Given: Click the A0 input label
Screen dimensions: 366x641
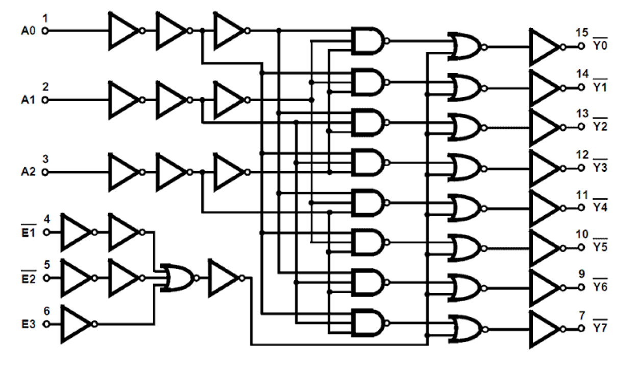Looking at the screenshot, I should (29, 31).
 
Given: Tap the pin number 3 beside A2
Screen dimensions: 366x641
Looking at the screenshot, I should (45, 158).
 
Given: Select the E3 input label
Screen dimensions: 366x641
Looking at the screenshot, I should (29, 324).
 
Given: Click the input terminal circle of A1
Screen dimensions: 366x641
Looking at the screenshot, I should (44, 100).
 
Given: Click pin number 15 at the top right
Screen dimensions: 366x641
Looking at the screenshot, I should (581, 33).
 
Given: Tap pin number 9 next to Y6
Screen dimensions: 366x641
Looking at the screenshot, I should (581, 273).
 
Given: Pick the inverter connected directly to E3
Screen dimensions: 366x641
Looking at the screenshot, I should (76, 324).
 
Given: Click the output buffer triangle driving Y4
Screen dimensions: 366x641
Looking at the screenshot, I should (545, 208).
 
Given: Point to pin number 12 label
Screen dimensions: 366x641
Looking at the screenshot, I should (581, 154).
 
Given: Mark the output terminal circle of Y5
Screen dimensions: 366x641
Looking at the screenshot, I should (581, 248).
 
